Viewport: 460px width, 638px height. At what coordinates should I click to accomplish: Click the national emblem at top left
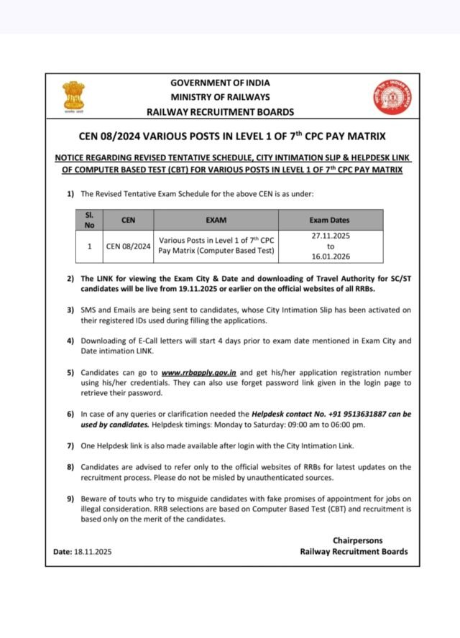[x=73, y=98]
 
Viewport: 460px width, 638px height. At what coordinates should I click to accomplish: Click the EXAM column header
[x=216, y=220]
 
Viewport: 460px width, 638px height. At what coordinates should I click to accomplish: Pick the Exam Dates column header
[x=330, y=220]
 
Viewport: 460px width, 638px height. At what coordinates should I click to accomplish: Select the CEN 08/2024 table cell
[x=129, y=246]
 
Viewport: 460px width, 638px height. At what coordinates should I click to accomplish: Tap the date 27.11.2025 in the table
[x=331, y=235]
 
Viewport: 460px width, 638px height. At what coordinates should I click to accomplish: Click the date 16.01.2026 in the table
[x=331, y=256]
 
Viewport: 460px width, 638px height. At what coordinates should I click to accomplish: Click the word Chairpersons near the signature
[x=357, y=540]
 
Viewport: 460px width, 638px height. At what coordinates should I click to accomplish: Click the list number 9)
[x=70, y=499]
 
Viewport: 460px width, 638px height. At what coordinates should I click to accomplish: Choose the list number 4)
[x=70, y=341]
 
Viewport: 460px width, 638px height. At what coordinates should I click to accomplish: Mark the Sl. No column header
[x=89, y=220]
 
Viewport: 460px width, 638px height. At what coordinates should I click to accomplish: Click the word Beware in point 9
[x=94, y=499]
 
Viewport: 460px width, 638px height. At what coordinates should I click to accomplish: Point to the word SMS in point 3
[x=88, y=310]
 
